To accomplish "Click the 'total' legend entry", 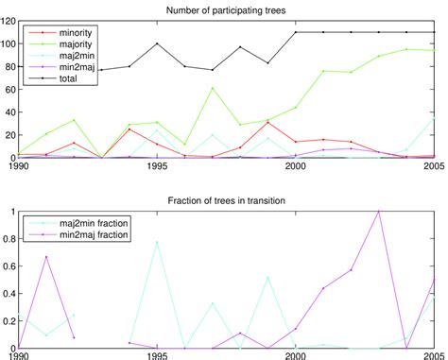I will pos(58,79).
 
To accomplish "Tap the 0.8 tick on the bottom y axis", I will pos(9,239).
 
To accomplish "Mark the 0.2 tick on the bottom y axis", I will pos(9,321).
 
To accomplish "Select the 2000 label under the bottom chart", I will pos(296,355).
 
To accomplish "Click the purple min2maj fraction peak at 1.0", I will pos(379,212).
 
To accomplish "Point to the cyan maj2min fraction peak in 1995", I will pos(157,242).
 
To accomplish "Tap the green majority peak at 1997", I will pos(212,88).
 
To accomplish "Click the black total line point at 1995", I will pos(157,43).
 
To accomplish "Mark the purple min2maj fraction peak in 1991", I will pos(46,256).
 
